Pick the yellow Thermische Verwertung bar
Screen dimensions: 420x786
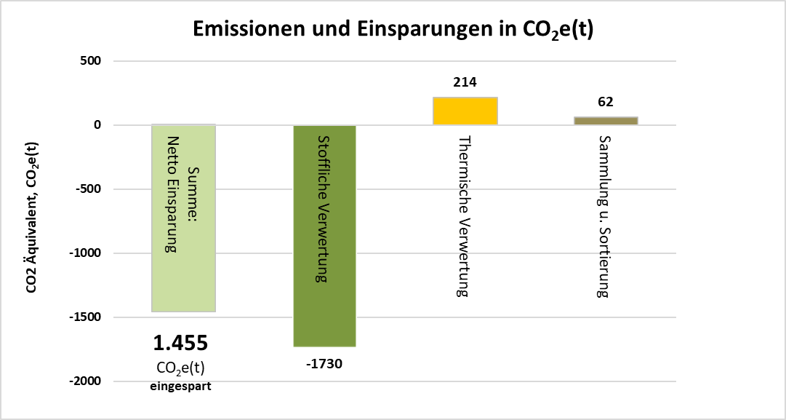pyautogui.click(x=465, y=111)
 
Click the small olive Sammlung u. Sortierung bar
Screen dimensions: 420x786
pyautogui.click(x=606, y=121)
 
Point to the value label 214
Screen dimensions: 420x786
pyautogui.click(x=465, y=82)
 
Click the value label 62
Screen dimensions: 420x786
pyautogui.click(x=606, y=102)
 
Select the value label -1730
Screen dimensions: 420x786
pyautogui.click(x=324, y=364)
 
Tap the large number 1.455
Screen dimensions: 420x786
pyautogui.click(x=180, y=343)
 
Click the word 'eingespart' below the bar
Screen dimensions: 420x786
pyautogui.click(x=180, y=387)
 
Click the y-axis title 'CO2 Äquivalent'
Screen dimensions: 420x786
pyautogui.click(x=32, y=218)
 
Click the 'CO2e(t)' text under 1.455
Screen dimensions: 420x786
pyautogui.click(x=180, y=368)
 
